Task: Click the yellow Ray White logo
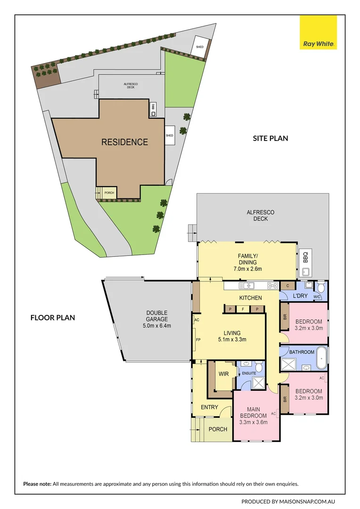(319, 32)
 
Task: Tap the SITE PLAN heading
(270, 139)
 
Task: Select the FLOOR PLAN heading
(53, 318)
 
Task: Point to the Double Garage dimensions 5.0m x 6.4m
(157, 326)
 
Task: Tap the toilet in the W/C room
(321, 287)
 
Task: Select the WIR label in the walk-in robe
(224, 374)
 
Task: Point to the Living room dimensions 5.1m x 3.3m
(232, 339)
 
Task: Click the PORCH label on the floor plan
(218, 429)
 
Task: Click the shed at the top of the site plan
(200, 47)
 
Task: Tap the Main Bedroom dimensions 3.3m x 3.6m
(254, 422)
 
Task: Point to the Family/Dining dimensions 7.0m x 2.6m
(247, 269)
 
